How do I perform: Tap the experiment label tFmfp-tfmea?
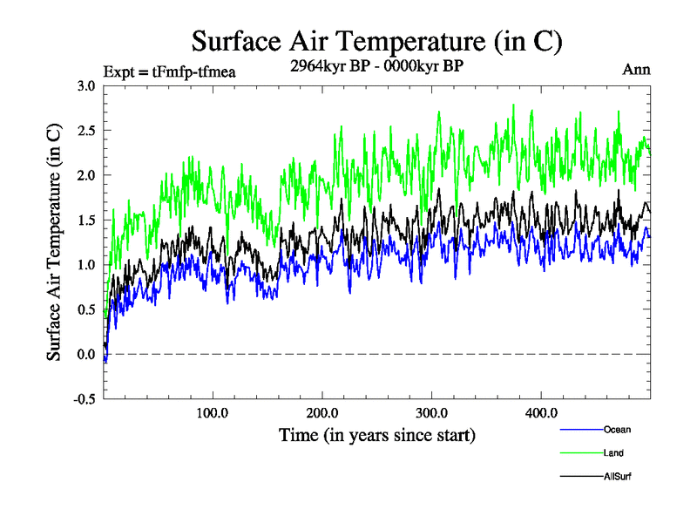170,71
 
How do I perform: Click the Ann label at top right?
636,71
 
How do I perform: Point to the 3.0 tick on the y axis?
85,86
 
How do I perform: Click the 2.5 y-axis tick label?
85,131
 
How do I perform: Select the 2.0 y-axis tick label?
85,175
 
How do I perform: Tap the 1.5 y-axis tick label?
85,221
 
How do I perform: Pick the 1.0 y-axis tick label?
85,265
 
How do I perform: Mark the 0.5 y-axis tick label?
85,309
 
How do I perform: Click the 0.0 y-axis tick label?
85,355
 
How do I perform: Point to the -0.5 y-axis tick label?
84,399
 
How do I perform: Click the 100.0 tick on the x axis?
213,412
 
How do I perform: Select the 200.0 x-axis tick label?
322,412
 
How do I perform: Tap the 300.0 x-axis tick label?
432,412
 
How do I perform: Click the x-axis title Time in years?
376,434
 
